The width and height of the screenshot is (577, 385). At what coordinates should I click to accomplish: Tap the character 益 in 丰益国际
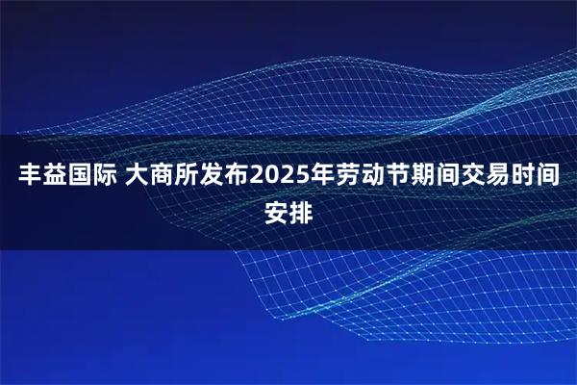(50, 176)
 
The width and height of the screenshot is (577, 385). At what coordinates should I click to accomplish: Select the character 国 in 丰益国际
(75, 176)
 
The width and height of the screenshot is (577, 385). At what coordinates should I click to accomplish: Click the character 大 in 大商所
(135, 176)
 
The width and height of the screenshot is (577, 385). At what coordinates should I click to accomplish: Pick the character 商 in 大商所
(160, 176)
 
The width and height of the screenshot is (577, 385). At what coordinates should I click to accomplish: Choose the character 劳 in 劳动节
(342, 176)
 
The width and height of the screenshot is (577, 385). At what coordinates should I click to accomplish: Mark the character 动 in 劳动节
(367, 176)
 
